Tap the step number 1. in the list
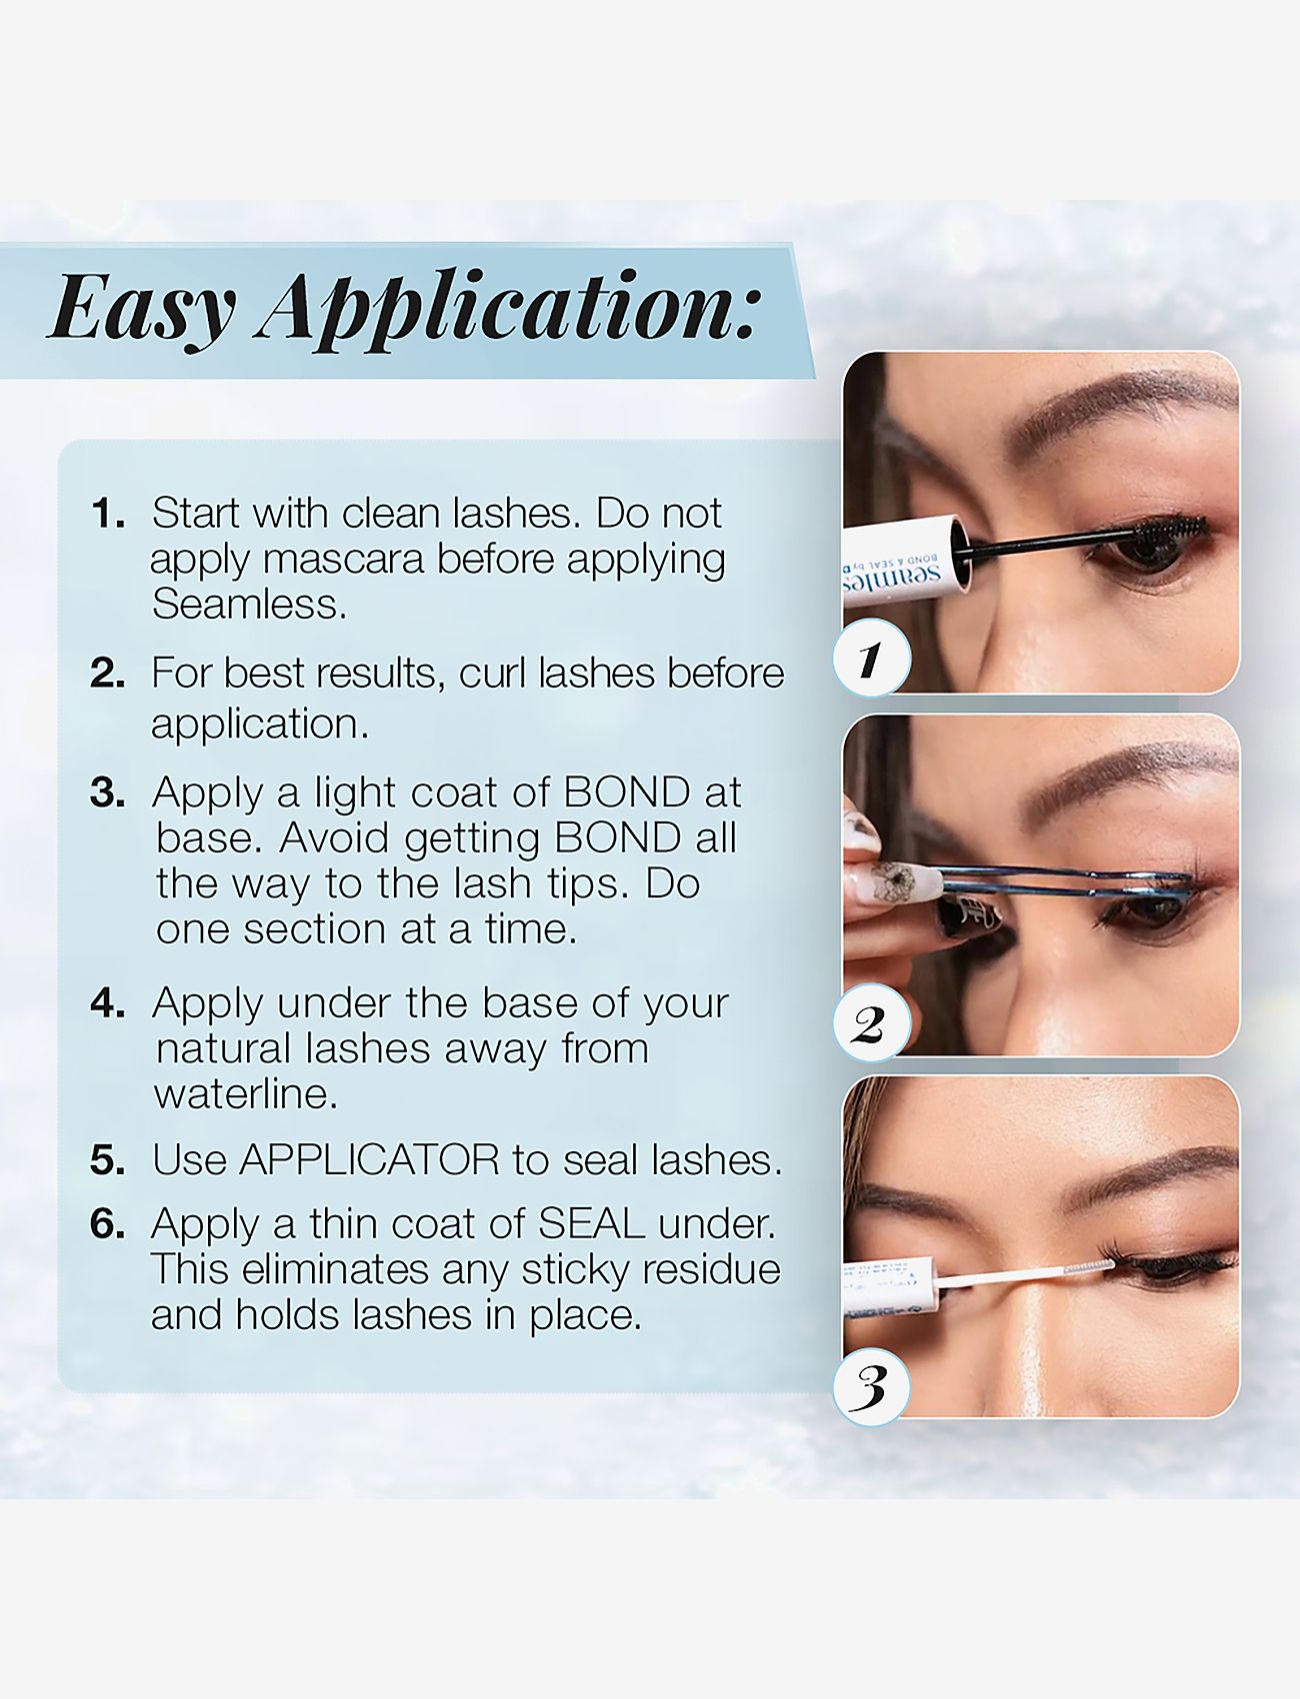[x=108, y=515]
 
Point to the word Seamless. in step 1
[x=249, y=605]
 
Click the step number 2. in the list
[x=108, y=674]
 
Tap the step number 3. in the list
[x=108, y=794]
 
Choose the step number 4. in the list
[x=108, y=1003]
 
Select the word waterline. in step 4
[x=246, y=1094]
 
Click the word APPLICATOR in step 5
[x=369, y=1160]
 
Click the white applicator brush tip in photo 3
[x=1088, y=1266]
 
